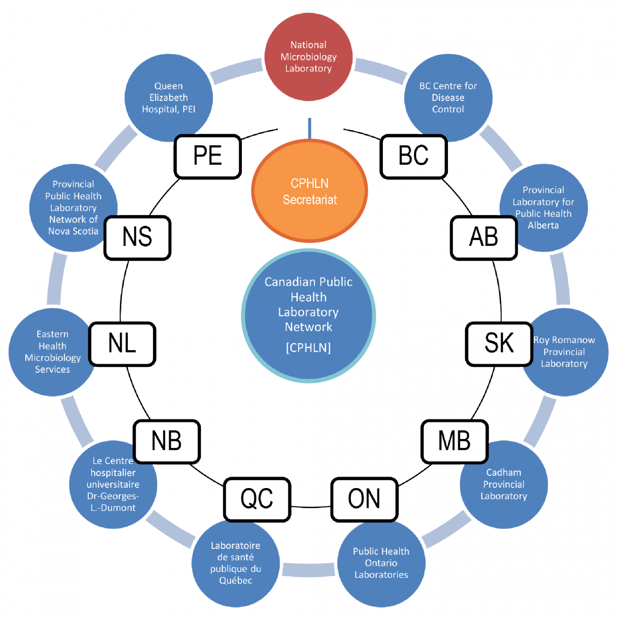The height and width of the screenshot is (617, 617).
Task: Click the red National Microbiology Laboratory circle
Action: point(308,57)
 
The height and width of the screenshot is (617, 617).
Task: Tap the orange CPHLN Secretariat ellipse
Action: point(309,191)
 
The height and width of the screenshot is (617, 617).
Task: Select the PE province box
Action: point(208,156)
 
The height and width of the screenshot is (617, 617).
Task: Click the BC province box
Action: point(413,156)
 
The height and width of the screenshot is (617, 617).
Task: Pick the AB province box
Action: point(484,237)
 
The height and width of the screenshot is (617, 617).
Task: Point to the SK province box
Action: point(499,344)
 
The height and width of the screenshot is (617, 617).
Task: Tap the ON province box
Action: point(364,499)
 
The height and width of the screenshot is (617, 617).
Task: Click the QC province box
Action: point(257,499)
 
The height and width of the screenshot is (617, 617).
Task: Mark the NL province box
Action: point(122,344)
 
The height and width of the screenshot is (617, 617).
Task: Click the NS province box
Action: point(137,237)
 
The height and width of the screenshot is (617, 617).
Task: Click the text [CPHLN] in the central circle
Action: point(308,347)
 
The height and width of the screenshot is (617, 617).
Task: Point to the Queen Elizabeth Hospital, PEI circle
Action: point(168,98)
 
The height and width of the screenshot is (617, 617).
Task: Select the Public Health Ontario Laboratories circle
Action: point(381,563)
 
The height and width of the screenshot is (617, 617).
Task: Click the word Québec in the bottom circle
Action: point(236,580)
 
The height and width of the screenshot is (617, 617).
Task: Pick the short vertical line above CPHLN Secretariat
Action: point(309,128)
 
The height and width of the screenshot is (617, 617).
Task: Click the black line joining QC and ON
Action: point(311,507)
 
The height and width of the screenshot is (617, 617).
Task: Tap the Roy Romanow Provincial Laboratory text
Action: point(564,352)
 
